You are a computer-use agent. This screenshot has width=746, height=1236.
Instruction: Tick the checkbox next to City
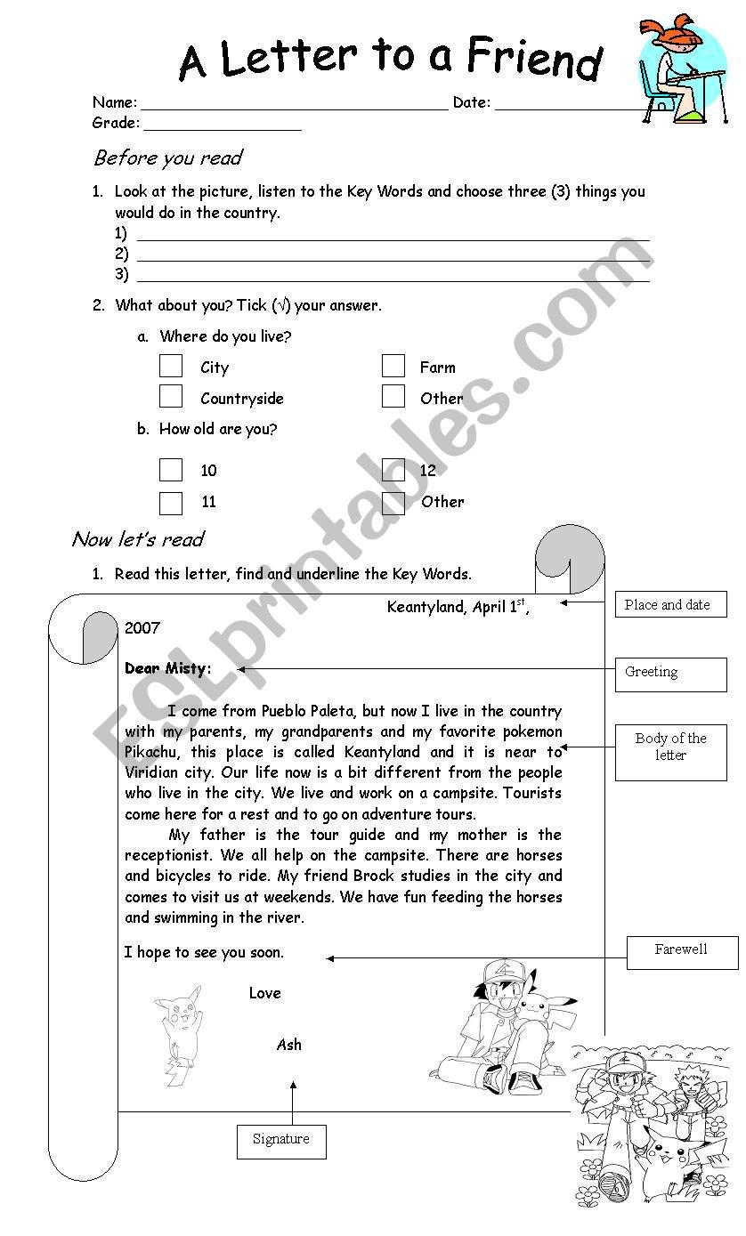coord(171,367)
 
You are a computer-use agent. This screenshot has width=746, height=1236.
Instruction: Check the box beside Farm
coord(393,366)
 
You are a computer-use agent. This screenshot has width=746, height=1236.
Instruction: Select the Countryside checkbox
coord(171,397)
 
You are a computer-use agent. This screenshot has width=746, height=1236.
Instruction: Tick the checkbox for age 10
coord(171,470)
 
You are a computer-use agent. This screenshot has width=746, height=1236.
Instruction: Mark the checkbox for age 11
coord(171,502)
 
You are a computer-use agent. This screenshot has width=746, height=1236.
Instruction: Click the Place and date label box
coord(670,605)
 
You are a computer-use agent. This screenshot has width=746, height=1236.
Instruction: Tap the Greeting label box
coord(670,674)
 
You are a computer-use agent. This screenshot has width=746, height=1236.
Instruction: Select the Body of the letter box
coord(670,751)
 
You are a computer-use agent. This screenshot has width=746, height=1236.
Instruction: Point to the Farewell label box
coord(682,951)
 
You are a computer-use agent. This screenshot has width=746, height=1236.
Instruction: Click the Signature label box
coord(281,1141)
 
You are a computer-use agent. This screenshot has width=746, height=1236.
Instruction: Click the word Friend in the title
coord(535,60)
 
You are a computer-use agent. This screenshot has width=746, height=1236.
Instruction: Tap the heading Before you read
coord(168,158)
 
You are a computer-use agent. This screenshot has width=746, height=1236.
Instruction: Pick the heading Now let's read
coord(138,539)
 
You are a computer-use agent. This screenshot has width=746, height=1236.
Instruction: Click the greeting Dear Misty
coord(168,668)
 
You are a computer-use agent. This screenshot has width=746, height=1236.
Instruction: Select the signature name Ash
coord(289,1045)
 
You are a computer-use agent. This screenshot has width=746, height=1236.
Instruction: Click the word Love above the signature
coord(265,993)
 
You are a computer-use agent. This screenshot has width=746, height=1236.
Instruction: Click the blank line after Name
coord(294,103)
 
